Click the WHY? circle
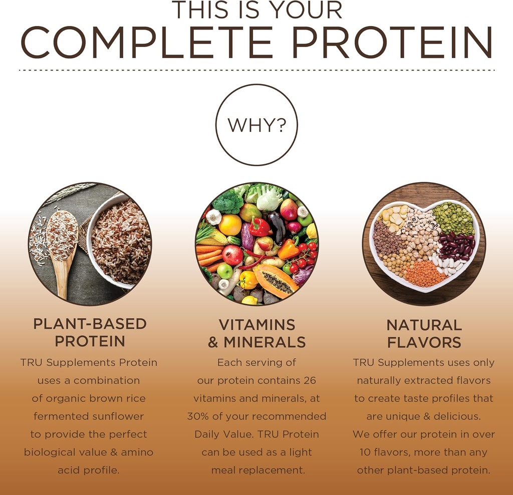(256, 125)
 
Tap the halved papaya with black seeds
(276, 281)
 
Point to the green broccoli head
(228, 201)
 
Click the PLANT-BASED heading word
(90, 324)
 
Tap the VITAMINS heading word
(257, 324)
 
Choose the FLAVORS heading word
(424, 343)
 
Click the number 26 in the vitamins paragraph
(310, 380)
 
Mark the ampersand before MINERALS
(213, 343)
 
